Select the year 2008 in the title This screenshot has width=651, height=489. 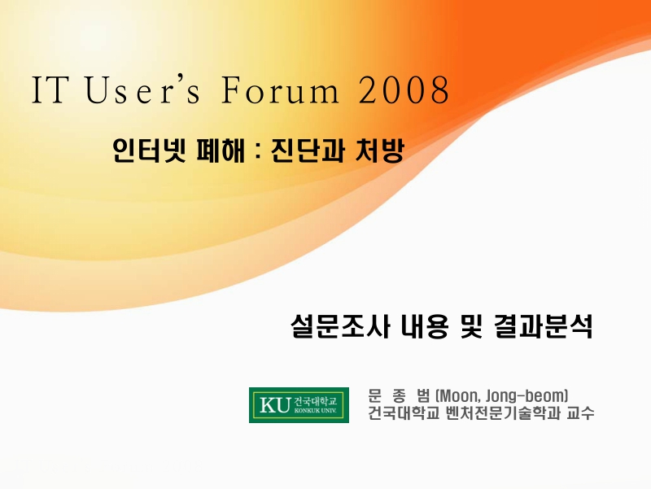[404, 91]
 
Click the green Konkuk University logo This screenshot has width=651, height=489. [299, 404]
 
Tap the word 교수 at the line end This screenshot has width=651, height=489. [580, 413]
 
